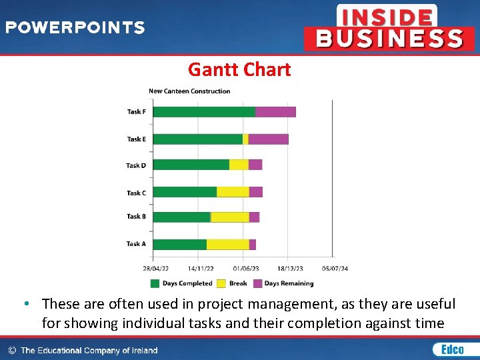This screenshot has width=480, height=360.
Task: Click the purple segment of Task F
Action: pyautogui.click(x=275, y=112)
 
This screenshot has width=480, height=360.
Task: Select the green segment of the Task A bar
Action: pyautogui.click(x=180, y=245)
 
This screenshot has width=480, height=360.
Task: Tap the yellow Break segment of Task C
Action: pyautogui.click(x=233, y=192)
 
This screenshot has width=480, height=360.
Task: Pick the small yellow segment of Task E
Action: pyautogui.click(x=245, y=139)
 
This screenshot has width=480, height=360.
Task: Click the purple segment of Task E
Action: pyautogui.click(x=268, y=139)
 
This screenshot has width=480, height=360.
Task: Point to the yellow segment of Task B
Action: pyautogui.click(x=230, y=217)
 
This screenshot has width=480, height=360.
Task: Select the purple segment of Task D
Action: pyautogui.click(x=255, y=165)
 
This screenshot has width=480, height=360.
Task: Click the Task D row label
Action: pyautogui.click(x=136, y=165)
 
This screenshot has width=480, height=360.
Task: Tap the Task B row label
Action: pyautogui.click(x=136, y=217)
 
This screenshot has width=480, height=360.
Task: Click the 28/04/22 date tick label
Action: pyautogui.click(x=155, y=269)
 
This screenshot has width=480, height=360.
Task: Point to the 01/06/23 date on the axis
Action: pyautogui.click(x=246, y=269)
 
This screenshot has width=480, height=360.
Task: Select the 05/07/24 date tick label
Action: pyautogui.click(x=335, y=269)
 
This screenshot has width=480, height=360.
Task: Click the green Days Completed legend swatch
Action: pyautogui.click(x=155, y=283)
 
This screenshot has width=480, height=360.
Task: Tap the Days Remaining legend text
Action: pyautogui.click(x=289, y=283)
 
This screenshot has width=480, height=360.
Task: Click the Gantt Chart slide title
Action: pyautogui.click(x=239, y=69)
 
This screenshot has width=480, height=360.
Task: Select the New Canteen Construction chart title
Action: pyautogui.click(x=189, y=91)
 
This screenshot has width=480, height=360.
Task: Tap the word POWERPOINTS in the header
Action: pyautogui.click(x=75, y=28)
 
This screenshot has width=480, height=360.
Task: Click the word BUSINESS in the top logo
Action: pyautogui.click(x=389, y=39)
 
